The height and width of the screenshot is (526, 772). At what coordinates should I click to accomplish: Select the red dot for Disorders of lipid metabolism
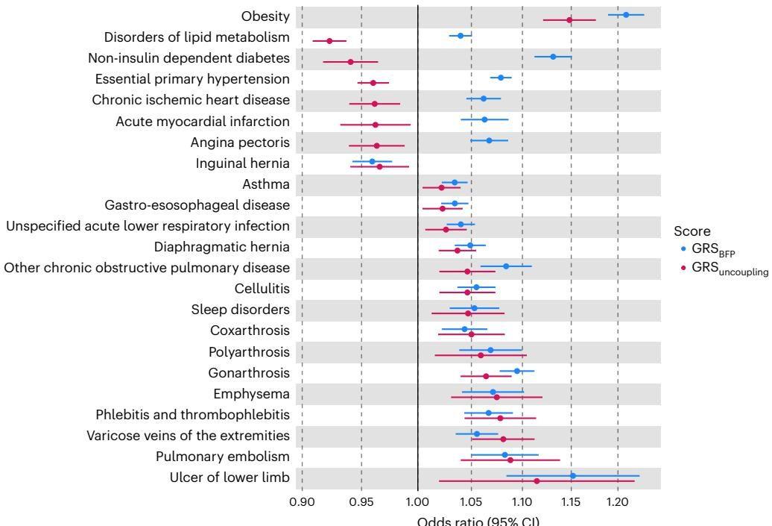(329, 41)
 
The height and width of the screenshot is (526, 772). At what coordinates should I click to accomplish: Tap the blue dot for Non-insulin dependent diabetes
(553, 57)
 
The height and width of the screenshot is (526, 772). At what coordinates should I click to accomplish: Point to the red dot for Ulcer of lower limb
(537, 481)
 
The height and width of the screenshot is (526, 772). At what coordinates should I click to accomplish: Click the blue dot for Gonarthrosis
(517, 371)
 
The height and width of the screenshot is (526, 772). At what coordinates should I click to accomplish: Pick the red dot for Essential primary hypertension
(373, 83)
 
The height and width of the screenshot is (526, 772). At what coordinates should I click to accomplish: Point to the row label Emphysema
(252, 393)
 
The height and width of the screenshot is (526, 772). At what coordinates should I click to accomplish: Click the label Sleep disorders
(241, 310)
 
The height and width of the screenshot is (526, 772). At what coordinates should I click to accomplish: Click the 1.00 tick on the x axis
(417, 501)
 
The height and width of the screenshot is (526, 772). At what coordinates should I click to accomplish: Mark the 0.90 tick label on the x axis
(302, 501)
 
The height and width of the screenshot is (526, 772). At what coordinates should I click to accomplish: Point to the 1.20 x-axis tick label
(618, 501)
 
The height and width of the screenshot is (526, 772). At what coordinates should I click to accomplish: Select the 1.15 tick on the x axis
(571, 501)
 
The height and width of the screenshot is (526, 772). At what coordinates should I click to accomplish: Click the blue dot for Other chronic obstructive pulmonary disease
(506, 266)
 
